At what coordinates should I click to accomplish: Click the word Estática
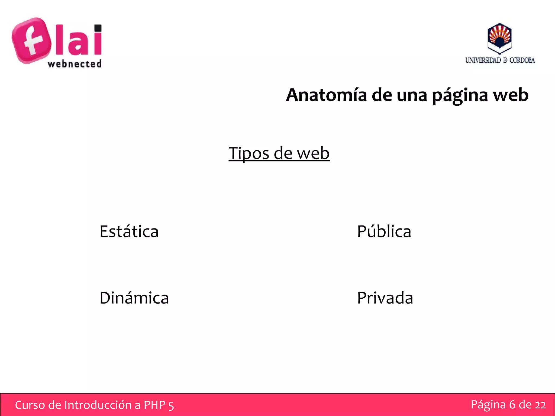[x=129, y=232]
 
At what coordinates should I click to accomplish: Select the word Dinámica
[x=134, y=298]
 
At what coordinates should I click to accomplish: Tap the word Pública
[x=384, y=232]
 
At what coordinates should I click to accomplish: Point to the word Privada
[x=385, y=298]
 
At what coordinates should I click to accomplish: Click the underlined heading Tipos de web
[x=279, y=153]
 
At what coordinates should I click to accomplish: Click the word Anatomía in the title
[x=327, y=95]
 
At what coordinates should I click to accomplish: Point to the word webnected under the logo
[x=75, y=64]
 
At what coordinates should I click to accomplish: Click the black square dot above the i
[x=98, y=28]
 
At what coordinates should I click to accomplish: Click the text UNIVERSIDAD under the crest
[x=483, y=60]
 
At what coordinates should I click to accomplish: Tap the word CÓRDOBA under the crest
[x=522, y=60]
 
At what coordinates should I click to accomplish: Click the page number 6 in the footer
[x=512, y=405]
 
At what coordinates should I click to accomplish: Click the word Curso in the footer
[x=30, y=405]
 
